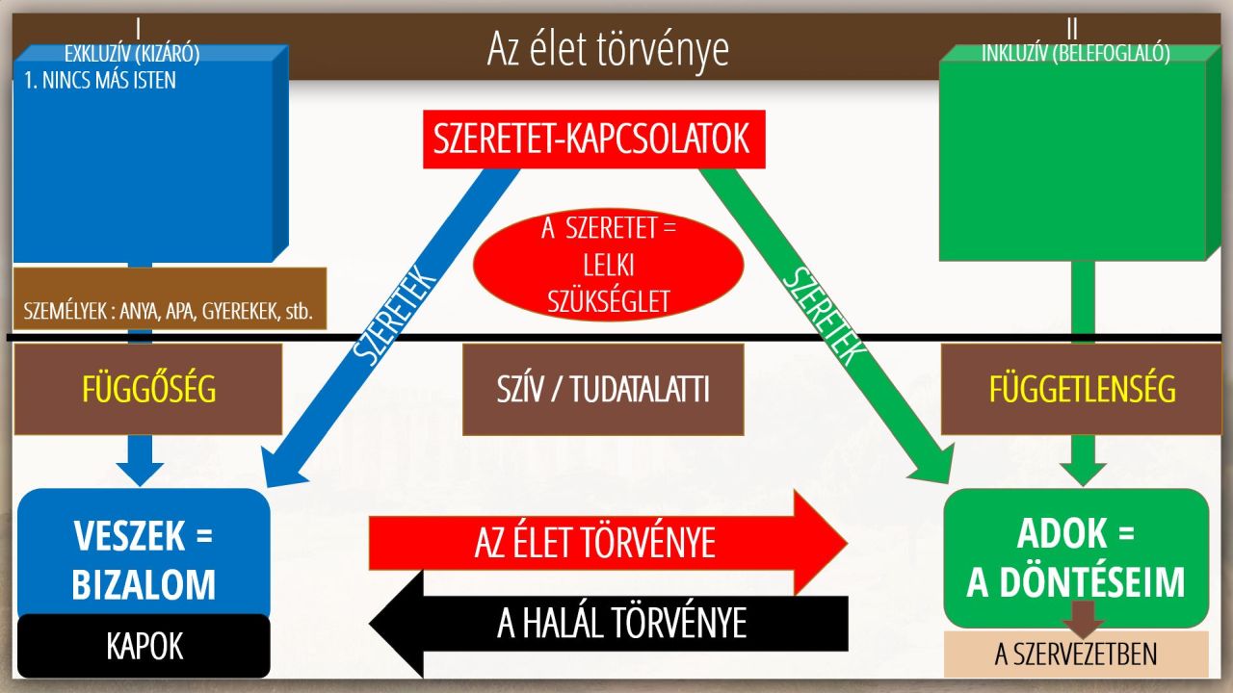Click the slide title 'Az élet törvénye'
608,49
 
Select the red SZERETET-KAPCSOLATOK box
594,140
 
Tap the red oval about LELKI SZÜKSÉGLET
608,265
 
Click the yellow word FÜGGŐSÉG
148,390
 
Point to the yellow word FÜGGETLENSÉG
1082,390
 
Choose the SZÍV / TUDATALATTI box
603,390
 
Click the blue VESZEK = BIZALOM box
144,552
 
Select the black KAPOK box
144,646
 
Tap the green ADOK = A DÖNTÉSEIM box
1076,557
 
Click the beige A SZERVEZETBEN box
1076,654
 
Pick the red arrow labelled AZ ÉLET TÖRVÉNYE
608,543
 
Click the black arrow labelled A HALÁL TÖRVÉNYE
608,624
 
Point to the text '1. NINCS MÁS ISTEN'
99,81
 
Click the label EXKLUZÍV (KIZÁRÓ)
132,54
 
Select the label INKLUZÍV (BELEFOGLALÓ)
1076,53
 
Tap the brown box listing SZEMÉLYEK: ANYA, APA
170,298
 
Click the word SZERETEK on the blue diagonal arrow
394,315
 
